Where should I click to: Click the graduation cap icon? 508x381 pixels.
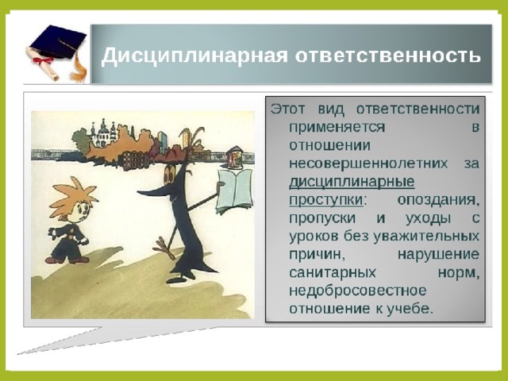pos(58,43)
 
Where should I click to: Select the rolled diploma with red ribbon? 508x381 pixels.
pos(43,64)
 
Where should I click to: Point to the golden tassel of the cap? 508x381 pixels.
pos(78,67)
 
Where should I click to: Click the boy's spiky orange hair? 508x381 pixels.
pos(74,197)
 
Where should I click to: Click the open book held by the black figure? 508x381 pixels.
pos(235,191)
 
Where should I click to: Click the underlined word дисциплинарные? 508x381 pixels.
pos(352,182)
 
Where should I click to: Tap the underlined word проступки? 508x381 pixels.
pos(325,200)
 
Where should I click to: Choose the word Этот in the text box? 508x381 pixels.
pos(287,109)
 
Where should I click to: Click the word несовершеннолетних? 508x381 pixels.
pos(368,164)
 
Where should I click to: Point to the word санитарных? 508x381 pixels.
pos(333,273)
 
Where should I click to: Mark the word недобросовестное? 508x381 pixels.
pos(357,291)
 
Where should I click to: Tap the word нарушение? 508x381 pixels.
pos(438,255)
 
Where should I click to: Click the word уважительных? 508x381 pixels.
pos(426,237)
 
